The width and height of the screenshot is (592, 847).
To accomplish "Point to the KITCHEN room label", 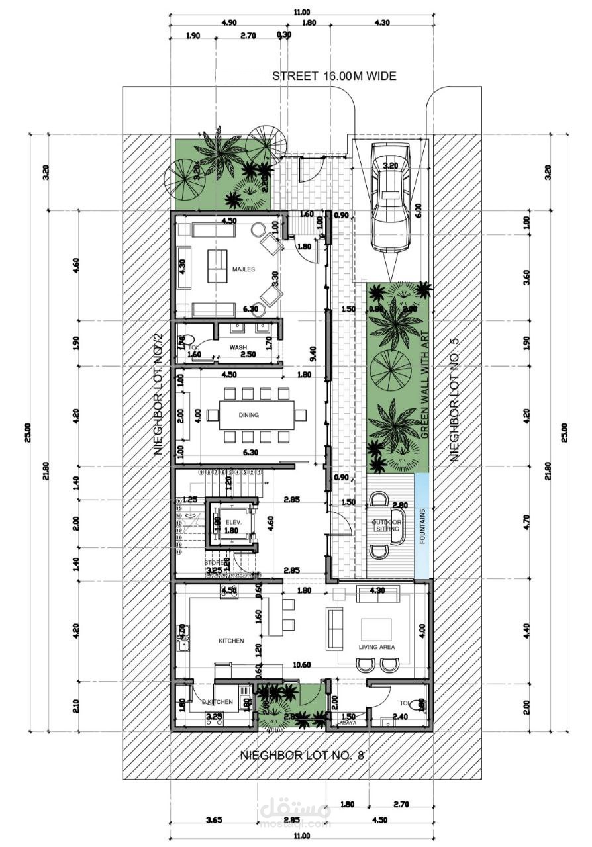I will [231, 641].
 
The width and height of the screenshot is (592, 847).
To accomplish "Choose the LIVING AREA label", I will [377, 646].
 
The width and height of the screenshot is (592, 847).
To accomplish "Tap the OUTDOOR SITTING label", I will [386, 525].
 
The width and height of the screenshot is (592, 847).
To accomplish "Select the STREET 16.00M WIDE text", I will [334, 76].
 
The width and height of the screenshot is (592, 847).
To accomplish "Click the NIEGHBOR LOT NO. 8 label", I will [301, 754].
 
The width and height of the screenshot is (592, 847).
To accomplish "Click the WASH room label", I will [238, 347].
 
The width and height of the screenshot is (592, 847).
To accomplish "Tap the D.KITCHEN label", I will [217, 701].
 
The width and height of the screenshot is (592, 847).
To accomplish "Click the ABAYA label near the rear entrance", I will [348, 723].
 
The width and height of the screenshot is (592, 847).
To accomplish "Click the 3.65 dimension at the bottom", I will [213, 821].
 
